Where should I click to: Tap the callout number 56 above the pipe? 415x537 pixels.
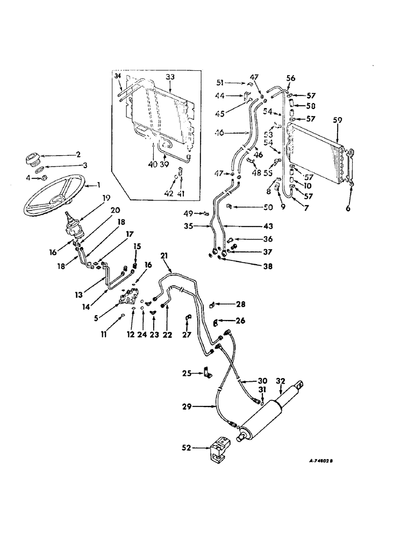pos(291,78)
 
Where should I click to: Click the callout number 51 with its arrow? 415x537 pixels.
pos(234,83)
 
